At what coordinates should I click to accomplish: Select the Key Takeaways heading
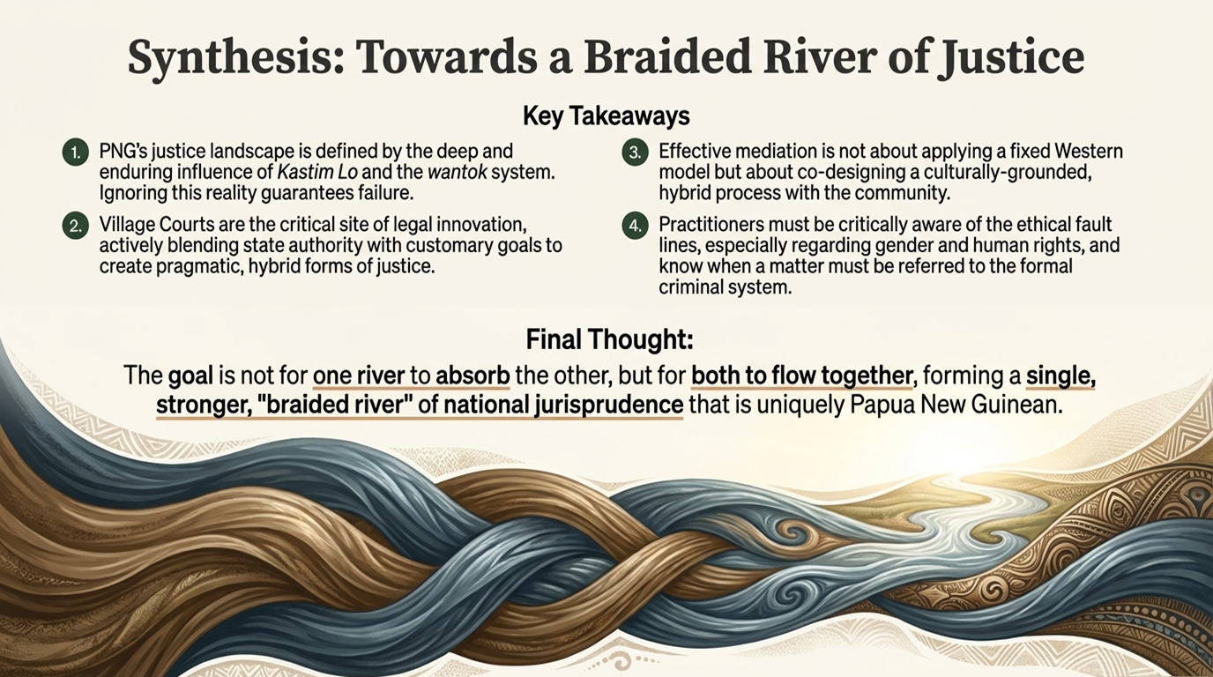point(606,115)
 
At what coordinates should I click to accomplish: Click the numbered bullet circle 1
point(76,153)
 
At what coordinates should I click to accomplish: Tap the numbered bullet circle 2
point(76,227)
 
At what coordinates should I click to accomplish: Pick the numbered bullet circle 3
point(635,153)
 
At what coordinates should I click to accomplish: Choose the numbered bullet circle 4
point(635,227)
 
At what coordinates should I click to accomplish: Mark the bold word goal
point(190,376)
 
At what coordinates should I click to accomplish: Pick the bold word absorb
point(473,376)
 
